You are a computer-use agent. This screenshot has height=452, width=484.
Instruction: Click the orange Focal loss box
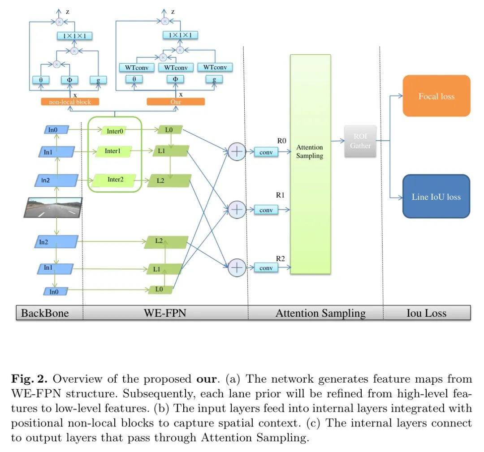[x=436, y=96]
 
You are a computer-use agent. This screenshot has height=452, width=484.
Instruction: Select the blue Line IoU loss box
[x=436, y=197]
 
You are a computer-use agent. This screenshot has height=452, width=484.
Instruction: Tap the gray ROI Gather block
[x=360, y=141]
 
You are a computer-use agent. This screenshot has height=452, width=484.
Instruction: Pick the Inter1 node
[x=113, y=151]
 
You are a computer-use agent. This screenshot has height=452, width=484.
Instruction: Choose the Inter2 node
[x=115, y=180]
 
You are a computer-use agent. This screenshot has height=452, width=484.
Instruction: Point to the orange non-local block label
[x=69, y=102]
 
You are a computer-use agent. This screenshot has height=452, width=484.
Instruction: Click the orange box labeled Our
[x=176, y=102]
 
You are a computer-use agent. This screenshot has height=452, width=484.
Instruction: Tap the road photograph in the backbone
[x=53, y=208]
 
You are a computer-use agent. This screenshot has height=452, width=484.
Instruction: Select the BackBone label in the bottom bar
[x=45, y=313]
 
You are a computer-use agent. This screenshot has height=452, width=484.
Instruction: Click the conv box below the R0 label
[x=266, y=152]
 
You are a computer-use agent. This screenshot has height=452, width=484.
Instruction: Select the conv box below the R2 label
[x=266, y=268]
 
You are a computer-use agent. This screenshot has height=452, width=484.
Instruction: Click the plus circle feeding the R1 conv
[x=237, y=209]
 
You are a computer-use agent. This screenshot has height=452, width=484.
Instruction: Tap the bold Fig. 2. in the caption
[x=30, y=379]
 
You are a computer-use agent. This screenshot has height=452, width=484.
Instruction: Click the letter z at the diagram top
[x=68, y=12]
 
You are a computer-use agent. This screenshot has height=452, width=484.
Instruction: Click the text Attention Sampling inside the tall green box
[x=310, y=151]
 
